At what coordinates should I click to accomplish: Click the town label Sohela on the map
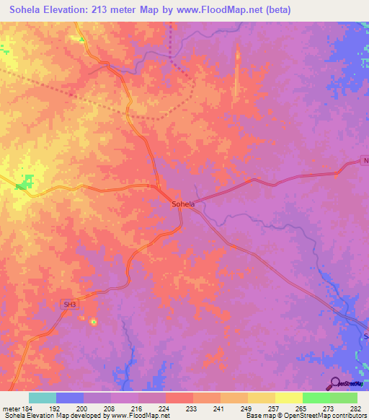coord(183,204)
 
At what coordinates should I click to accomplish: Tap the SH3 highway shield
coord(69,305)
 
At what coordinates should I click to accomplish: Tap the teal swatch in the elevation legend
coord(42,398)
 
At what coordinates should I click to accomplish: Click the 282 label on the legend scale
coord(354,408)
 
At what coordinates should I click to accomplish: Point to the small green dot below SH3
coord(93,323)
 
